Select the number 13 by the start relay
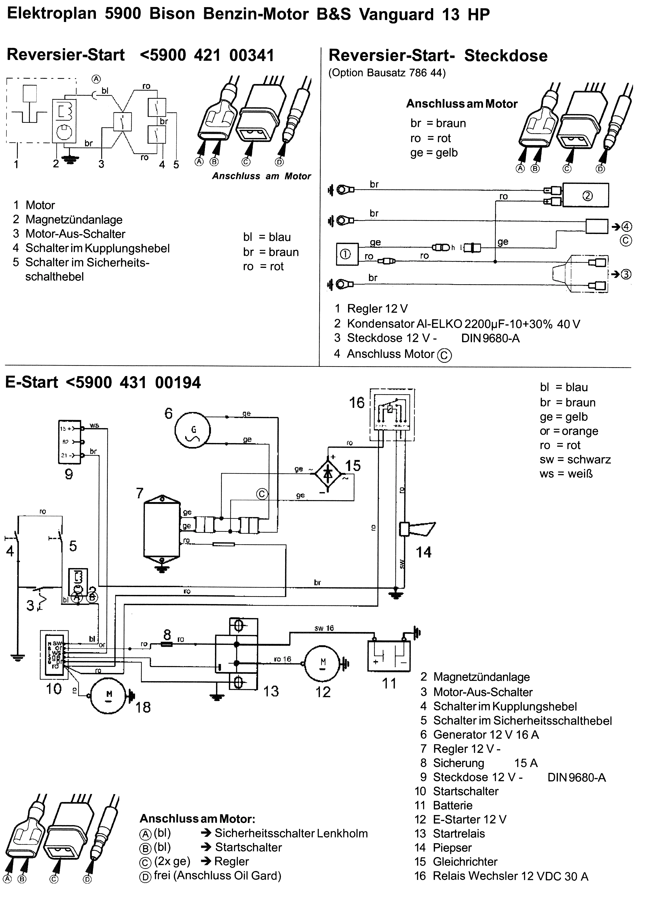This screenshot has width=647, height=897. [x=271, y=691]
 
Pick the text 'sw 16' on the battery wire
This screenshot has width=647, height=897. [x=324, y=628]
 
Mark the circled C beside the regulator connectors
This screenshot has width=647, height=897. [x=262, y=494]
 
